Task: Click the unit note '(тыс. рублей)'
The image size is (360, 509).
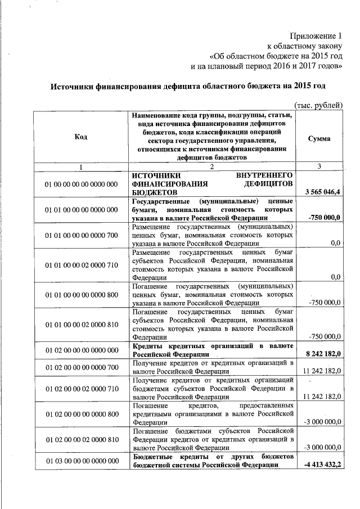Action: coord(318,105)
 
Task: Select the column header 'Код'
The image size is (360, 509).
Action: coord(80,138)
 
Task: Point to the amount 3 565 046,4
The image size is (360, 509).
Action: coord(323,192)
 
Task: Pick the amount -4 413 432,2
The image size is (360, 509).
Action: coord(323,465)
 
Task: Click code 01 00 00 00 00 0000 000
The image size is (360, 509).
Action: coord(81,184)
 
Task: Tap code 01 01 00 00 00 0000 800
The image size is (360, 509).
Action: coord(81,294)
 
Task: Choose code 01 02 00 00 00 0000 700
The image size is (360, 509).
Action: coord(81,367)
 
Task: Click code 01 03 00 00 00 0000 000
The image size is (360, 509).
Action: coord(81,461)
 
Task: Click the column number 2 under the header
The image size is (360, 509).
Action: coord(212,166)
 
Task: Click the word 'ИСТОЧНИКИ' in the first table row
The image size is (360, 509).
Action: coord(154,175)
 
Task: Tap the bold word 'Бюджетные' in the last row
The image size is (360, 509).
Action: coord(150,456)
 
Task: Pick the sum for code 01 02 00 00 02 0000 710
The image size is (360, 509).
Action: coord(322,397)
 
